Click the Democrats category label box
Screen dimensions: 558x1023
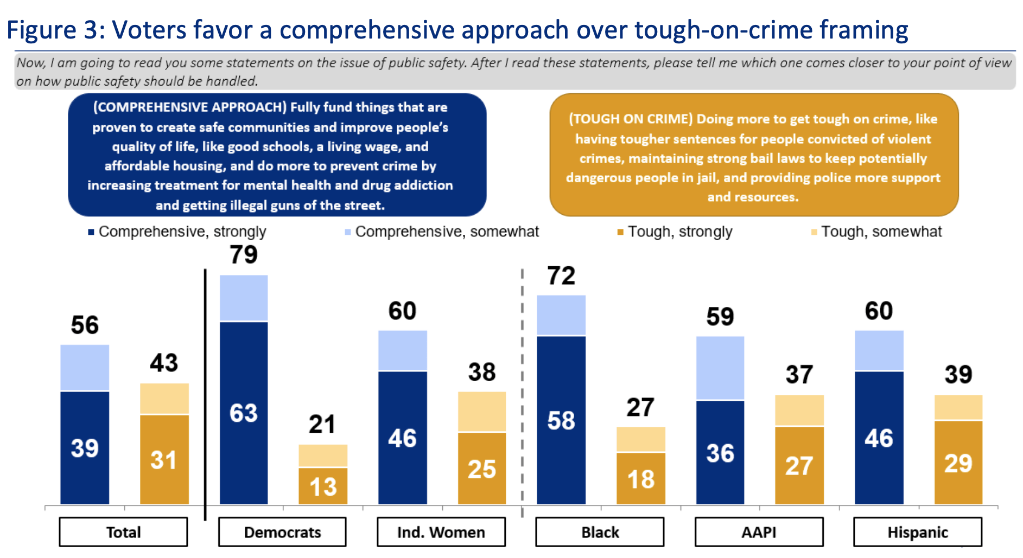(282, 532)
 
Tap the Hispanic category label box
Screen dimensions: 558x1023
(917, 532)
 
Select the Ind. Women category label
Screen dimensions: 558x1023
(441, 532)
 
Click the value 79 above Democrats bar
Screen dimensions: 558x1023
(243, 255)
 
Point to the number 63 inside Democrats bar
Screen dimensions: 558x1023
(243, 413)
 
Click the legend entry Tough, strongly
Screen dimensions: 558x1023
(679, 232)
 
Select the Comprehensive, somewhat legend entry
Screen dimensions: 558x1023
(446, 232)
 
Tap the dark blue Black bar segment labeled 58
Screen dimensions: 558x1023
(561, 421)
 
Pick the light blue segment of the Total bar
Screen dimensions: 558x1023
(85, 368)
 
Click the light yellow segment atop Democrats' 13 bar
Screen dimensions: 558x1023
(323, 456)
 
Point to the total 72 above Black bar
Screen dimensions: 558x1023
(561, 276)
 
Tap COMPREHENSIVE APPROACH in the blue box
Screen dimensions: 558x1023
(190, 107)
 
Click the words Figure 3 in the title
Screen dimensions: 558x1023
(54, 30)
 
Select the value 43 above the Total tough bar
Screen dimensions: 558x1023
(164, 363)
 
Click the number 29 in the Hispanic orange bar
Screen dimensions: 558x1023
(958, 464)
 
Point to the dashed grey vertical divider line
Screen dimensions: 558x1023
(522, 390)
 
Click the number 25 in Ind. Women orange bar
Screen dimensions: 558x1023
(481, 469)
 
